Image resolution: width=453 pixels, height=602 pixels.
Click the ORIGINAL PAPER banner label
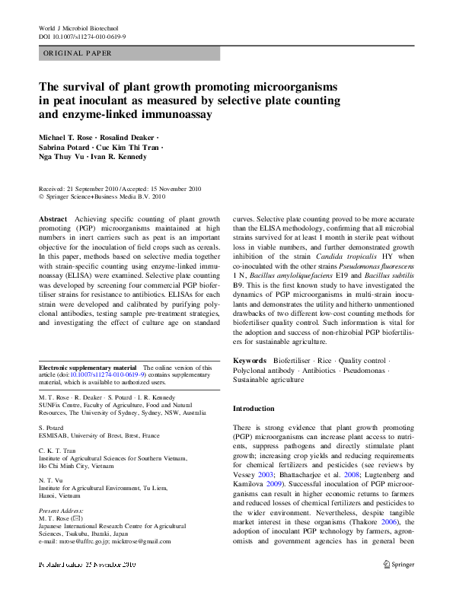[x=78, y=53]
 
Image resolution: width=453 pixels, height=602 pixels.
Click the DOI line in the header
[x=82, y=37]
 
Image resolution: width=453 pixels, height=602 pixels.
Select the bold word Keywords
[x=249, y=359]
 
